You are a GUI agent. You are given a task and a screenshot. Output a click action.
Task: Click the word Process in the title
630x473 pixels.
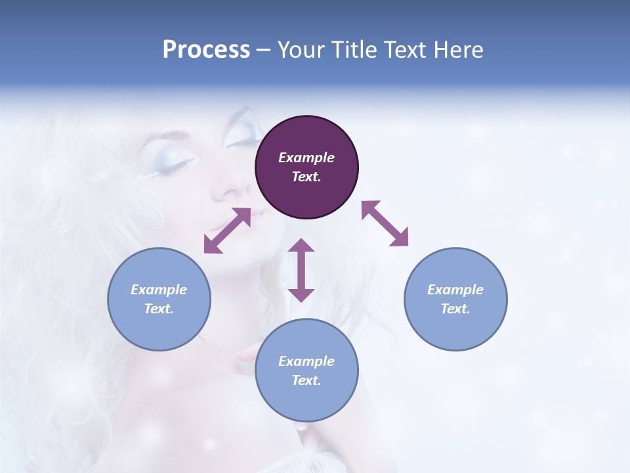coord(206,50)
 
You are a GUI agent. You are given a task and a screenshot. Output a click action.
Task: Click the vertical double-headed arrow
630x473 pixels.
coord(301,270)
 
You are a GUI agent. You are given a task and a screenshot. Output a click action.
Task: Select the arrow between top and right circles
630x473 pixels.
coord(385,223)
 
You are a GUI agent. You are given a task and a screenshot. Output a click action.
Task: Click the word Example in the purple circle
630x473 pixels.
coord(306,158)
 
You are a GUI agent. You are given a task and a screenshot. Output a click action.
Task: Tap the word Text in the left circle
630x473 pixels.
coord(159,309)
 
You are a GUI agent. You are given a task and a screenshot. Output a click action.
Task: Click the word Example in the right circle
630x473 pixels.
coord(455,290)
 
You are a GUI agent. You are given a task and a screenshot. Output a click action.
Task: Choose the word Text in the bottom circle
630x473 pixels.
coord(306,380)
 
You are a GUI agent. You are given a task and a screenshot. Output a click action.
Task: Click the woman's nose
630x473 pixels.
coord(230,187)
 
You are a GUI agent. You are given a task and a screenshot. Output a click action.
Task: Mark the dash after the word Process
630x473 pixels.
coord(264,50)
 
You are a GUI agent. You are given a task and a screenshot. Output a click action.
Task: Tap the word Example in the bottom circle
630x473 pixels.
coord(306,361)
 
